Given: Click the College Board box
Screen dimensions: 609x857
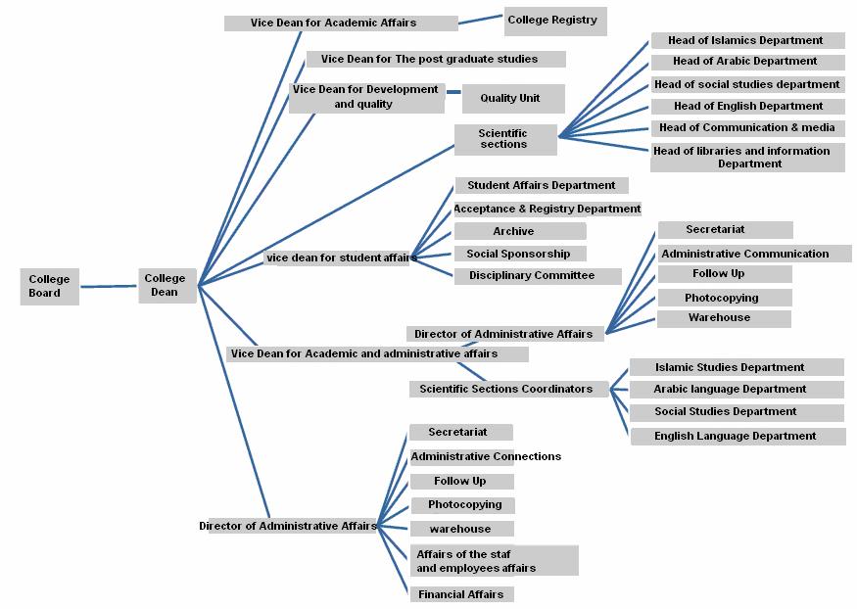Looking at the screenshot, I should coord(49,286).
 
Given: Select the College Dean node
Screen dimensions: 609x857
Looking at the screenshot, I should coord(166,285).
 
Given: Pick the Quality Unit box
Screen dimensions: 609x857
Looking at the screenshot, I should coord(509,98).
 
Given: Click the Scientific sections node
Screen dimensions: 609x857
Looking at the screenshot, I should coord(504,139).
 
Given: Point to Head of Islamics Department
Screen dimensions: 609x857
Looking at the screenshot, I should coord(746,41).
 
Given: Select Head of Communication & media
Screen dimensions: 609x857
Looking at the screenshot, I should coord(747,127).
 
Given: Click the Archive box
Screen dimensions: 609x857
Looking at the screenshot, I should coord(519,231).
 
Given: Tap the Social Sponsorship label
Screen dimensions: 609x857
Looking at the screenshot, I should coord(519,254).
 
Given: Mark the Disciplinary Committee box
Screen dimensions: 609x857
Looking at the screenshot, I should coord(537,276).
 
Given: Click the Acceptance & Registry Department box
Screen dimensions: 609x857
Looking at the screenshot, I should coord(547,209).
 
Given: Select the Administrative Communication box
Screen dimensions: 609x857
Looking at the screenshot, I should coord(744,254).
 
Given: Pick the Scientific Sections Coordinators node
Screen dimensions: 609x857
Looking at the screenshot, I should coord(506,389).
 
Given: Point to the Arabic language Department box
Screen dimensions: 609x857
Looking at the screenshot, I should coord(736,389).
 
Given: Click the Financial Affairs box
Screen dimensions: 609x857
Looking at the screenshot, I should coord(461,594).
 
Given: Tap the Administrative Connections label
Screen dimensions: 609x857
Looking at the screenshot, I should coord(486,456).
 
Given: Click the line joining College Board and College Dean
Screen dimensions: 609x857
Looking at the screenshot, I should coord(108,287).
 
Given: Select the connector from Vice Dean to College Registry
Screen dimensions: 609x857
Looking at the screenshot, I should coord(481,20).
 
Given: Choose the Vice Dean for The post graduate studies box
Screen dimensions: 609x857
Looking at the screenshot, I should coord(436,59).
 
